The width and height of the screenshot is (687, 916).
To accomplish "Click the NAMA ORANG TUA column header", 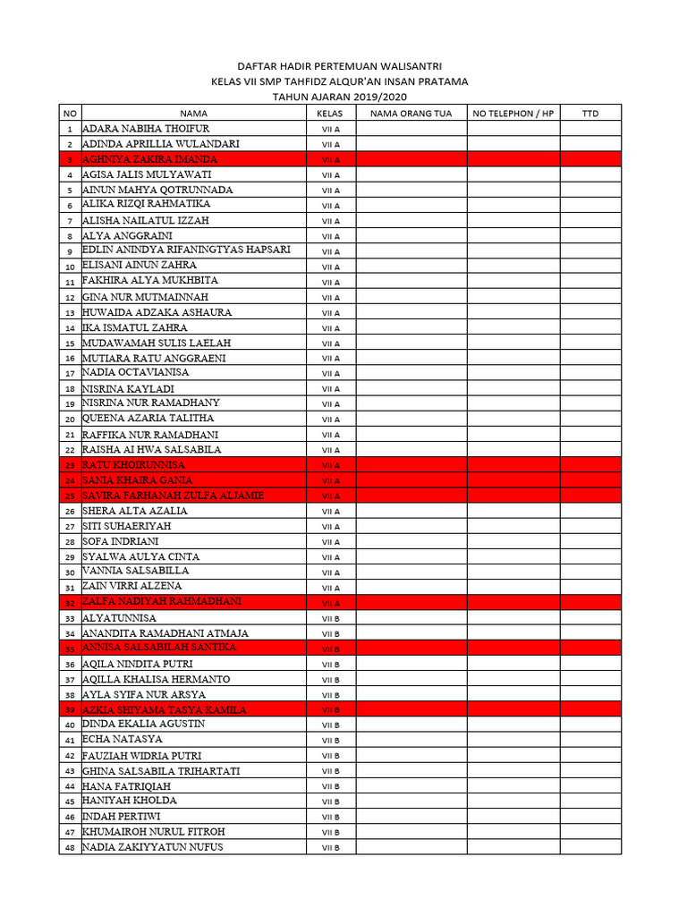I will click(x=411, y=114).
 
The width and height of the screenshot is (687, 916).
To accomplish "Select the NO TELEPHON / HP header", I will click(x=513, y=114).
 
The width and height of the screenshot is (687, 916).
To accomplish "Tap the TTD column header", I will click(x=590, y=114).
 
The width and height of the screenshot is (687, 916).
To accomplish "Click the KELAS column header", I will click(x=330, y=114).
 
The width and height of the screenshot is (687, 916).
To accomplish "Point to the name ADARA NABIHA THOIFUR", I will click(x=146, y=129).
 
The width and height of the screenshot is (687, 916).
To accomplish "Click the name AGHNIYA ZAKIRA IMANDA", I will click(x=149, y=159).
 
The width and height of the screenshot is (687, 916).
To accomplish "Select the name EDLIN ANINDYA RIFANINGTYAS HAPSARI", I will click(x=186, y=250).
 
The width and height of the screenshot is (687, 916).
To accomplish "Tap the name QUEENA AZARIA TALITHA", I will click(x=148, y=418).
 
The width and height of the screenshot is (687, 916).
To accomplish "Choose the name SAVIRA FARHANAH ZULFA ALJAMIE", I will click(x=173, y=496).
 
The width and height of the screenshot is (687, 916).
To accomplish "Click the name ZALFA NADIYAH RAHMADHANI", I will click(x=161, y=602).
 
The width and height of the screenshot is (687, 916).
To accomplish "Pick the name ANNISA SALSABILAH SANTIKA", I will click(x=159, y=648).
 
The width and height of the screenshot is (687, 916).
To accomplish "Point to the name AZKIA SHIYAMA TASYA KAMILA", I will click(x=164, y=709).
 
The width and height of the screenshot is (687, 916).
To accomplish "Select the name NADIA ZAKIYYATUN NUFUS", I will click(x=153, y=847).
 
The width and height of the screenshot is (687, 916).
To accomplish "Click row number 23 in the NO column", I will click(x=69, y=465).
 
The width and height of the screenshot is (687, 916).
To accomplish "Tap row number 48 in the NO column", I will click(x=69, y=847).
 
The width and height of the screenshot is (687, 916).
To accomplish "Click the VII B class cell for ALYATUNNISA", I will click(x=331, y=618).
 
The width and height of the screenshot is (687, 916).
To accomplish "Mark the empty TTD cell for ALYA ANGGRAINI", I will click(x=590, y=236).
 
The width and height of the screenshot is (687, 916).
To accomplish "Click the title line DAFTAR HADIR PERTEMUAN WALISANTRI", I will click(x=338, y=66).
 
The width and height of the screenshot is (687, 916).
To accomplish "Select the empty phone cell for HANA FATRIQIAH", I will click(x=513, y=786).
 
